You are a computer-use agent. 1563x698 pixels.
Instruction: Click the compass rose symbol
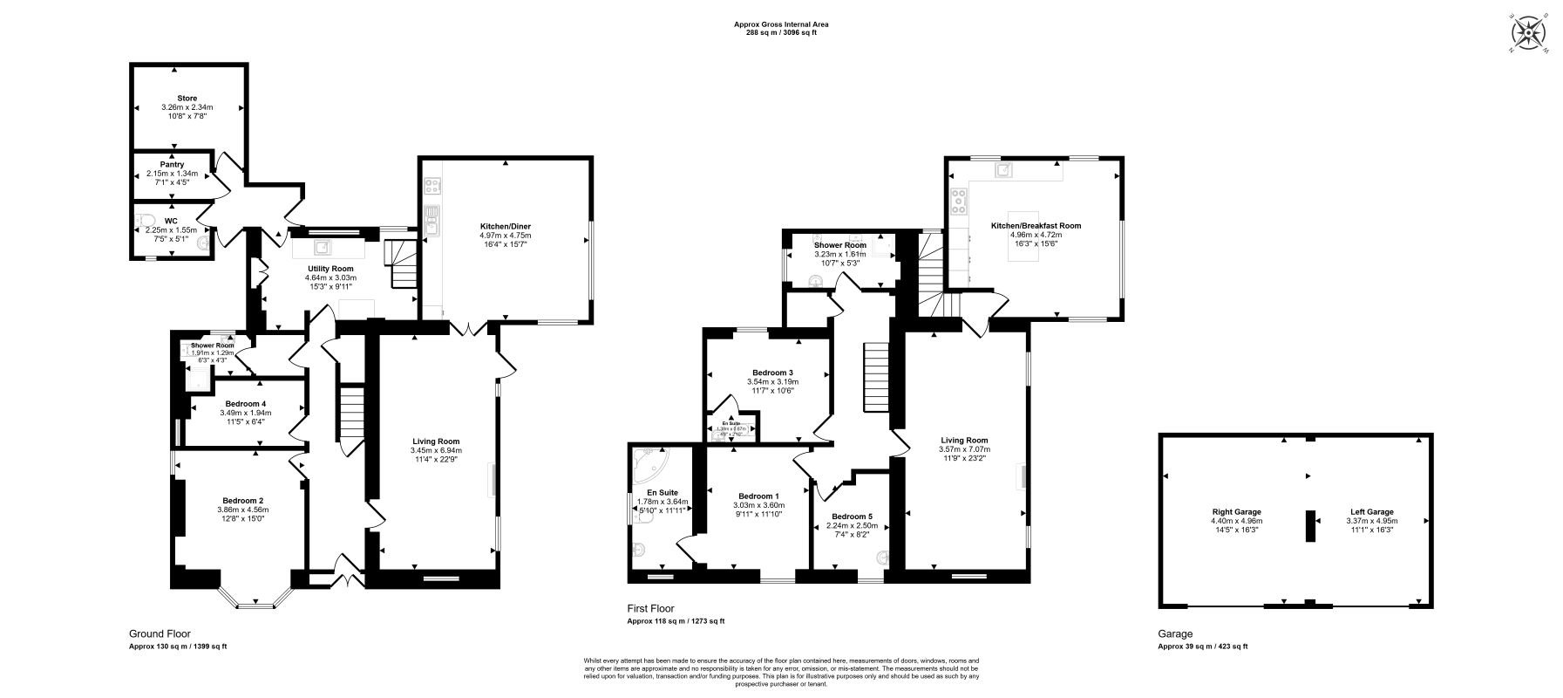[1527, 34]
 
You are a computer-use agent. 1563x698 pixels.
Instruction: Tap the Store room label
[187, 98]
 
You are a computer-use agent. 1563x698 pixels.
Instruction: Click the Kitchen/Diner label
[505, 226]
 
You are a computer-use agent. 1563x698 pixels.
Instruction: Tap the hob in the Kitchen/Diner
[432, 186]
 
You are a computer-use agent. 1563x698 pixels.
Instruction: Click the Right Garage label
[1236, 512]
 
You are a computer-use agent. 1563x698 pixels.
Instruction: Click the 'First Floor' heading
[650, 609]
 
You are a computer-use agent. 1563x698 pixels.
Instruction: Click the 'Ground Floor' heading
[160, 634]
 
